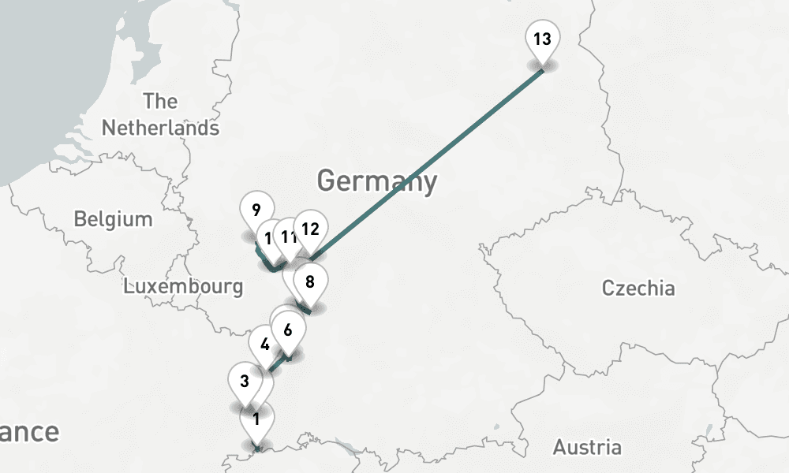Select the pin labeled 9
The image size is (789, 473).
point(255,211)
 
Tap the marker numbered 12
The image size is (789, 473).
point(310,231)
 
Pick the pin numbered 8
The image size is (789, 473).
point(310,282)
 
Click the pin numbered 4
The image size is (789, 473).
point(264,345)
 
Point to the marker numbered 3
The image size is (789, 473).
point(245,382)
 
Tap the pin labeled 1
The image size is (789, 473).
point(256,420)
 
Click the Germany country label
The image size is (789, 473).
point(376,181)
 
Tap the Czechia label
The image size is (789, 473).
point(638,288)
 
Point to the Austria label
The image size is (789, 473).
point(586,448)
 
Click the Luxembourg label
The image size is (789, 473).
point(183,285)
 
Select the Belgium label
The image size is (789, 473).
point(113,218)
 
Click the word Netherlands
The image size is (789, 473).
point(160,128)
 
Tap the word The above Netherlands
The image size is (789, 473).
point(160,102)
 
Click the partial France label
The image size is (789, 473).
point(29,432)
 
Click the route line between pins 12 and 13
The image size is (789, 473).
point(426,164)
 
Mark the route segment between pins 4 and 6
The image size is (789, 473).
point(277,363)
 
